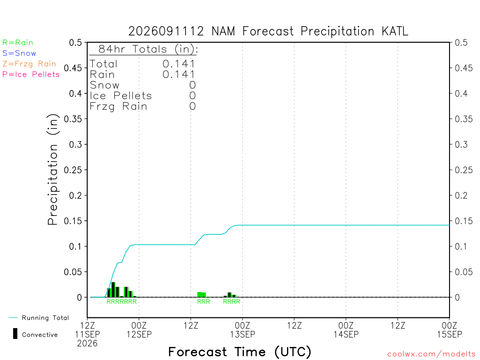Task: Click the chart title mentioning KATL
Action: coord(268,31)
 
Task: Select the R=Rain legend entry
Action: coord(18,43)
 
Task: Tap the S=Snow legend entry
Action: coord(19,53)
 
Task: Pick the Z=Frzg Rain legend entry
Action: coord(29,64)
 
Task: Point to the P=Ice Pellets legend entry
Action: coord(31,75)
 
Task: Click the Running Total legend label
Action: coord(45,318)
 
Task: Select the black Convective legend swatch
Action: coord(15,333)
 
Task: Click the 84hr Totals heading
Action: coord(148,49)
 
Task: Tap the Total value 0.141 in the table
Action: coord(179,64)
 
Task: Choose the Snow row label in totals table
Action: coord(105,85)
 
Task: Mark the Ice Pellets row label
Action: coord(120,96)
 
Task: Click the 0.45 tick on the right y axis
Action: coord(464,68)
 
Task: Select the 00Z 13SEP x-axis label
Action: coord(242,330)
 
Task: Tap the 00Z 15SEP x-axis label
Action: coord(450,330)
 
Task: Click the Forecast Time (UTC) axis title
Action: coord(240,352)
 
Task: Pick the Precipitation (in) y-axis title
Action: coord(53,170)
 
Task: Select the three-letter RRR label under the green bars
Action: coord(203,302)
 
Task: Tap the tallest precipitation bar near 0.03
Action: coord(113,290)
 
